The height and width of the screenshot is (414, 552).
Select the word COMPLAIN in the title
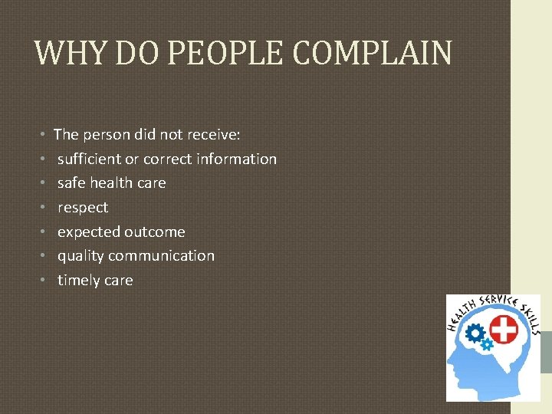coord(373,53)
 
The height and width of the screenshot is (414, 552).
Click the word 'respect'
coord(83,208)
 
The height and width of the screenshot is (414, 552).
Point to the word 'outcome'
coord(156,232)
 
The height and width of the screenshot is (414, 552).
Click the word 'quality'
coord(80,256)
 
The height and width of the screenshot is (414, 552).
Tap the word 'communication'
coord(163,256)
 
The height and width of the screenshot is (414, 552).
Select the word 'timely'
coord(78,281)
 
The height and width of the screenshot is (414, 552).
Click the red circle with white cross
coord(503,330)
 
